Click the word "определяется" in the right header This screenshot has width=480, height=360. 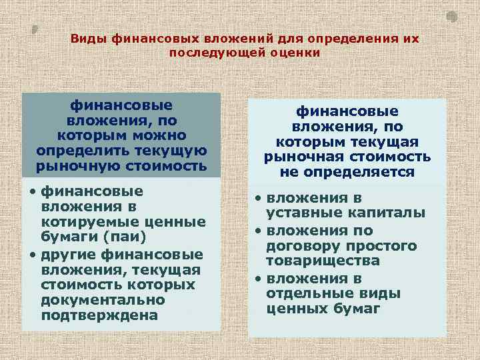(x=347, y=173)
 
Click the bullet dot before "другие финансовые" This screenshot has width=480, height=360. (x=33, y=255)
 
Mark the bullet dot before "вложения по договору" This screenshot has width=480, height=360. (x=256, y=231)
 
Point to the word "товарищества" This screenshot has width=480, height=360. (x=323, y=261)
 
